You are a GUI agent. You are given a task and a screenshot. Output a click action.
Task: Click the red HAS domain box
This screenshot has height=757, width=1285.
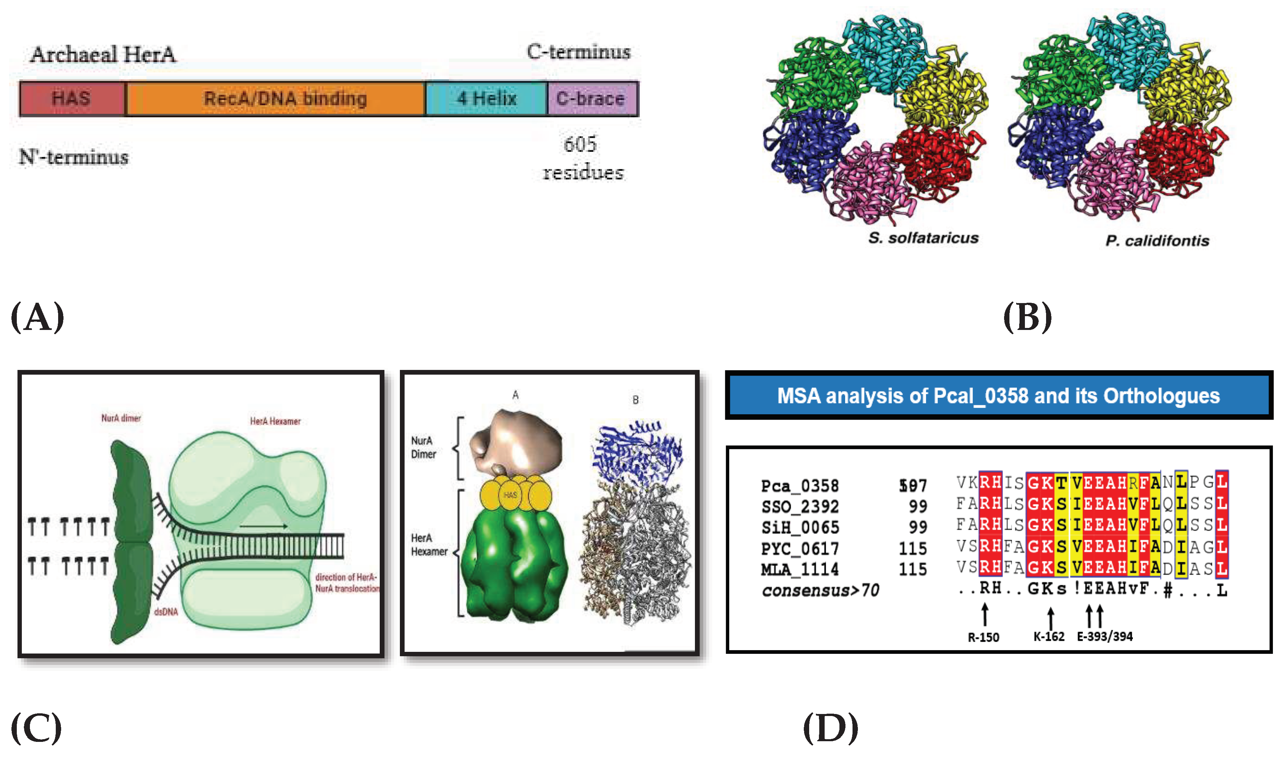tap(72, 98)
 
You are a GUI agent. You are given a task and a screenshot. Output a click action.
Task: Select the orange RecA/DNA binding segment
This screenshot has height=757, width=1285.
tap(276, 98)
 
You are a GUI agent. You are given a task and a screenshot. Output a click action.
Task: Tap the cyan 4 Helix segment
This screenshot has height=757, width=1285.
tap(486, 98)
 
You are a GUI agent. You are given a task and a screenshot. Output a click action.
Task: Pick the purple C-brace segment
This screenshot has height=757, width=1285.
tap(592, 98)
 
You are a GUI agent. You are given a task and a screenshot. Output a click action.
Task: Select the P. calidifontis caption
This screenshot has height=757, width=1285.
tap(1157, 241)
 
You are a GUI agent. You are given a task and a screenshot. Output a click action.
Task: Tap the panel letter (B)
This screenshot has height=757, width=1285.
tap(1027, 317)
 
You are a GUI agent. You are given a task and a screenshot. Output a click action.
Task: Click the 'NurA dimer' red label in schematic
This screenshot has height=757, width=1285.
tap(121, 418)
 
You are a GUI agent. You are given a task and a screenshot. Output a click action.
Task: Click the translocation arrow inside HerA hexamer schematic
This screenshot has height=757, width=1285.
tap(263, 526)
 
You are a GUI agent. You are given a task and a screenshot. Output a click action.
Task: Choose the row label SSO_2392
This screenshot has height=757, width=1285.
tap(799, 507)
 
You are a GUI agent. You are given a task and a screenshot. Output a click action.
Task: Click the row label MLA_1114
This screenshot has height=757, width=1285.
tap(799, 569)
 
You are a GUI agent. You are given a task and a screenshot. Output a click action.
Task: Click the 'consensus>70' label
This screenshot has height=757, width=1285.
tap(820, 591)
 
